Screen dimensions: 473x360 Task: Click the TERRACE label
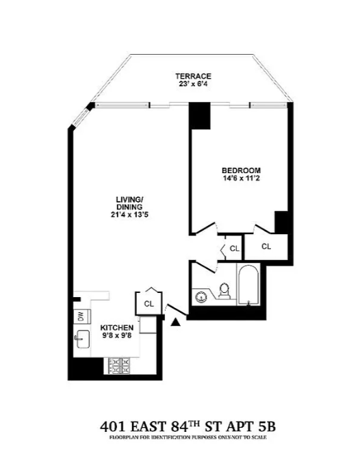[x=192, y=75]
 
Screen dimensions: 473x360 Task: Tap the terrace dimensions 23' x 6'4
[x=192, y=85]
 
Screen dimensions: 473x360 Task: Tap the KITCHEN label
[x=118, y=327]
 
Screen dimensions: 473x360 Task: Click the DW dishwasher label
[x=79, y=316]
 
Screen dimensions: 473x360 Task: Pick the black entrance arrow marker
[x=177, y=320]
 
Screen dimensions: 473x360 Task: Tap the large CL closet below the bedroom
[x=266, y=246]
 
